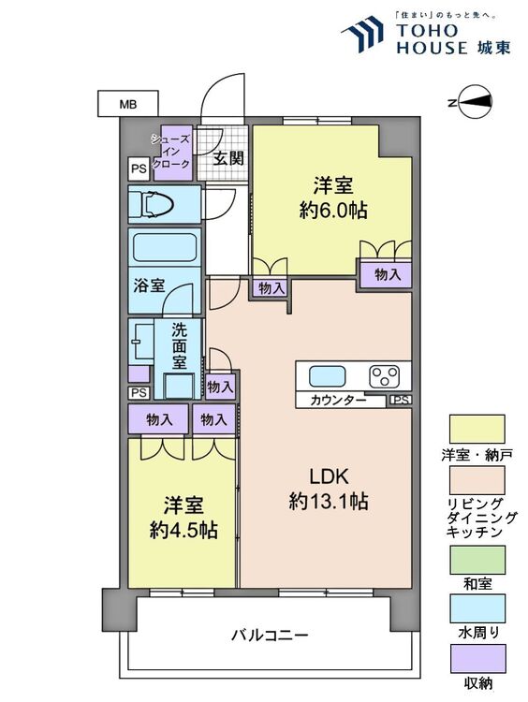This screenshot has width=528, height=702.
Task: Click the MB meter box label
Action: click(x=127, y=104)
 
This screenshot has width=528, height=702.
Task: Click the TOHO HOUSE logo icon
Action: click(x=363, y=34)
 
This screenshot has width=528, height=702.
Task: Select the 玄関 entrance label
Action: click(x=227, y=158)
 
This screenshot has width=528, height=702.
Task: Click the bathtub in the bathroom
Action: click(x=166, y=247)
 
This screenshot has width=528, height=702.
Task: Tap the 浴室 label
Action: click(x=149, y=285)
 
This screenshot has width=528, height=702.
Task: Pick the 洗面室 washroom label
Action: click(x=179, y=345)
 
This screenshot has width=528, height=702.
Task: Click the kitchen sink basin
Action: click(x=328, y=376)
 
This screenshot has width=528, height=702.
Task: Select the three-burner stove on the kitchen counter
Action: click(x=384, y=376)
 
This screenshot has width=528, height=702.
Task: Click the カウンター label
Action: click(x=338, y=400)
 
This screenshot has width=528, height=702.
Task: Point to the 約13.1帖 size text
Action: click(x=329, y=501)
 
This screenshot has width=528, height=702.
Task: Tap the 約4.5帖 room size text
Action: click(x=183, y=530)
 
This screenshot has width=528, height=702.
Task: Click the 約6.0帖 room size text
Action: click(x=333, y=210)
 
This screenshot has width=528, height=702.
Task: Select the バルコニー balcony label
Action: click(x=270, y=636)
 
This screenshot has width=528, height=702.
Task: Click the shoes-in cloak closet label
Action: click(x=171, y=152)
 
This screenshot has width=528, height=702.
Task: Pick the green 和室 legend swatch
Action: click(x=477, y=560)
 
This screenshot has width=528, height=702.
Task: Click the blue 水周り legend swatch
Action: click(x=477, y=608)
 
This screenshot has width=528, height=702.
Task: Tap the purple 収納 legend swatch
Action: click(x=477, y=659)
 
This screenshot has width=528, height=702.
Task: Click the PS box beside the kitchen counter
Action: click(x=401, y=401)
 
